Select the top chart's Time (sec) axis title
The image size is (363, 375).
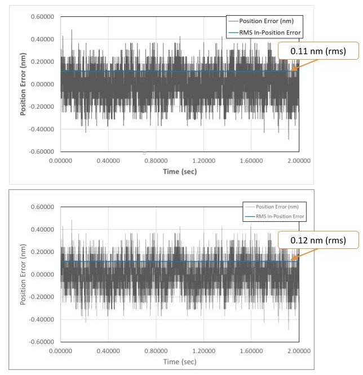180,171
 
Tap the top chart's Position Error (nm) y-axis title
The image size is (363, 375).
24,84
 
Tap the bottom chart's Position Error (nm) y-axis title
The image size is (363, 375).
24,274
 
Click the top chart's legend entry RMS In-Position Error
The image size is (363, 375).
270,33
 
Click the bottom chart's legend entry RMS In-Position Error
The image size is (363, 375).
271,216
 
